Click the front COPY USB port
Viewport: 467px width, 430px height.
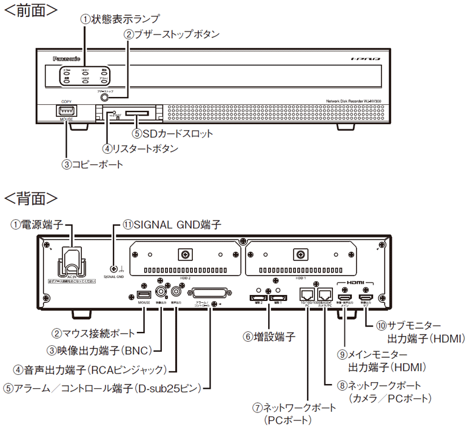66,110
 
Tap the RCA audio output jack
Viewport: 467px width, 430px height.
179,291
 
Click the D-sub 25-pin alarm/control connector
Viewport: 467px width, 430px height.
210,294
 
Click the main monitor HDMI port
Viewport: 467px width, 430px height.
345,298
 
